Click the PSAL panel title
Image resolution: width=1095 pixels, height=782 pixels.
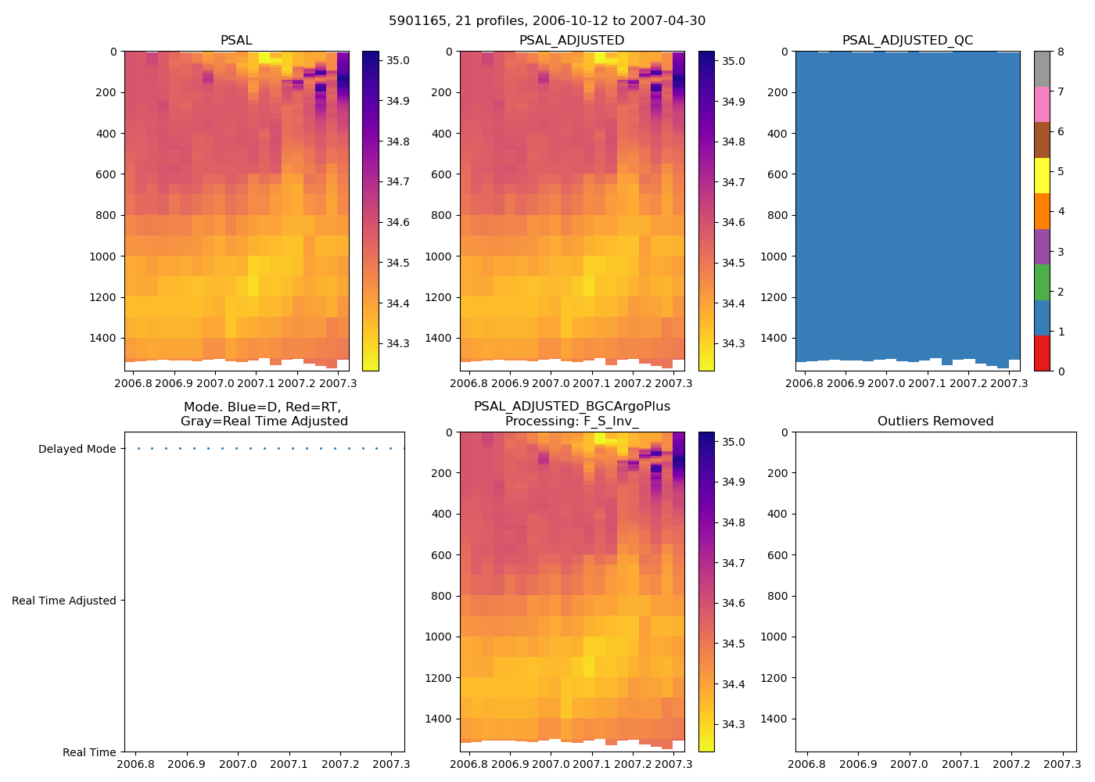click(x=236, y=41)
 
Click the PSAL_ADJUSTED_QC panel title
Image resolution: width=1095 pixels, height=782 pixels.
click(x=907, y=41)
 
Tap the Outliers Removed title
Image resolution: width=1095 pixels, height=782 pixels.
click(x=935, y=421)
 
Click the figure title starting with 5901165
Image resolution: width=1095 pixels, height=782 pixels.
click(x=547, y=21)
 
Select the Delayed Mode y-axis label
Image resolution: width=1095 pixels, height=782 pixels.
click(x=77, y=449)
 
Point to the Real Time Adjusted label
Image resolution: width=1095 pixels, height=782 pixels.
click(x=64, y=601)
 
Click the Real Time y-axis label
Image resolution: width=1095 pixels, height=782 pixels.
click(x=89, y=752)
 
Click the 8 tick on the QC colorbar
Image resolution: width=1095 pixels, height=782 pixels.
click(x=1061, y=52)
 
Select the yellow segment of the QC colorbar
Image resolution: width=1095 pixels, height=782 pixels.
click(x=1042, y=175)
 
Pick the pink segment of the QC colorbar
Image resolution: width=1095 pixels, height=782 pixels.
click(x=1042, y=105)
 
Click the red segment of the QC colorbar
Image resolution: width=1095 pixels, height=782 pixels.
click(x=1042, y=353)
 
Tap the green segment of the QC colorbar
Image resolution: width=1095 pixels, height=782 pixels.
click(x=1042, y=282)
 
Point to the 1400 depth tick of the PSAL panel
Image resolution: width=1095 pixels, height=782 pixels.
click(x=103, y=338)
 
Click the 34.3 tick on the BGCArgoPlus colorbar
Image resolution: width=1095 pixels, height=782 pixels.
click(x=733, y=724)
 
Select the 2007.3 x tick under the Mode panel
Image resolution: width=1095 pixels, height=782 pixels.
click(x=393, y=764)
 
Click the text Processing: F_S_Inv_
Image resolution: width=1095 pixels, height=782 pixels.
click(x=572, y=421)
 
